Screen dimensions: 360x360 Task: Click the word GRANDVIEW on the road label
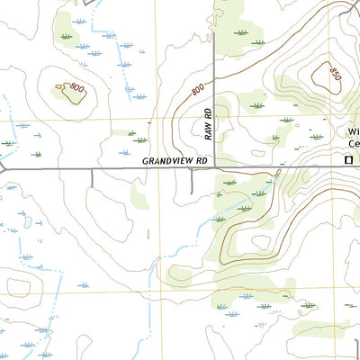click(168, 161)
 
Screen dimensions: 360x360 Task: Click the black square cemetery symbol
click(349, 160)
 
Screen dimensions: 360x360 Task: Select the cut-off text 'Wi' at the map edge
click(353, 131)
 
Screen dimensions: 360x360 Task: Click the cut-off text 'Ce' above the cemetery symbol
click(353, 144)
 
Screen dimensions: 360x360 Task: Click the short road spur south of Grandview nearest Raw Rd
click(192, 179)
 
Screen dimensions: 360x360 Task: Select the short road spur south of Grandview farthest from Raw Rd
click(92, 177)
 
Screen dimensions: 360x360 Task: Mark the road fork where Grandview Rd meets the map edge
click(4, 167)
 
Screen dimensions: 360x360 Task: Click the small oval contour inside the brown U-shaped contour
click(261, 241)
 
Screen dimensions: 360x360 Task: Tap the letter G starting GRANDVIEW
click(145, 161)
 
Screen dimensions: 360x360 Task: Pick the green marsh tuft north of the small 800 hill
click(66, 37)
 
